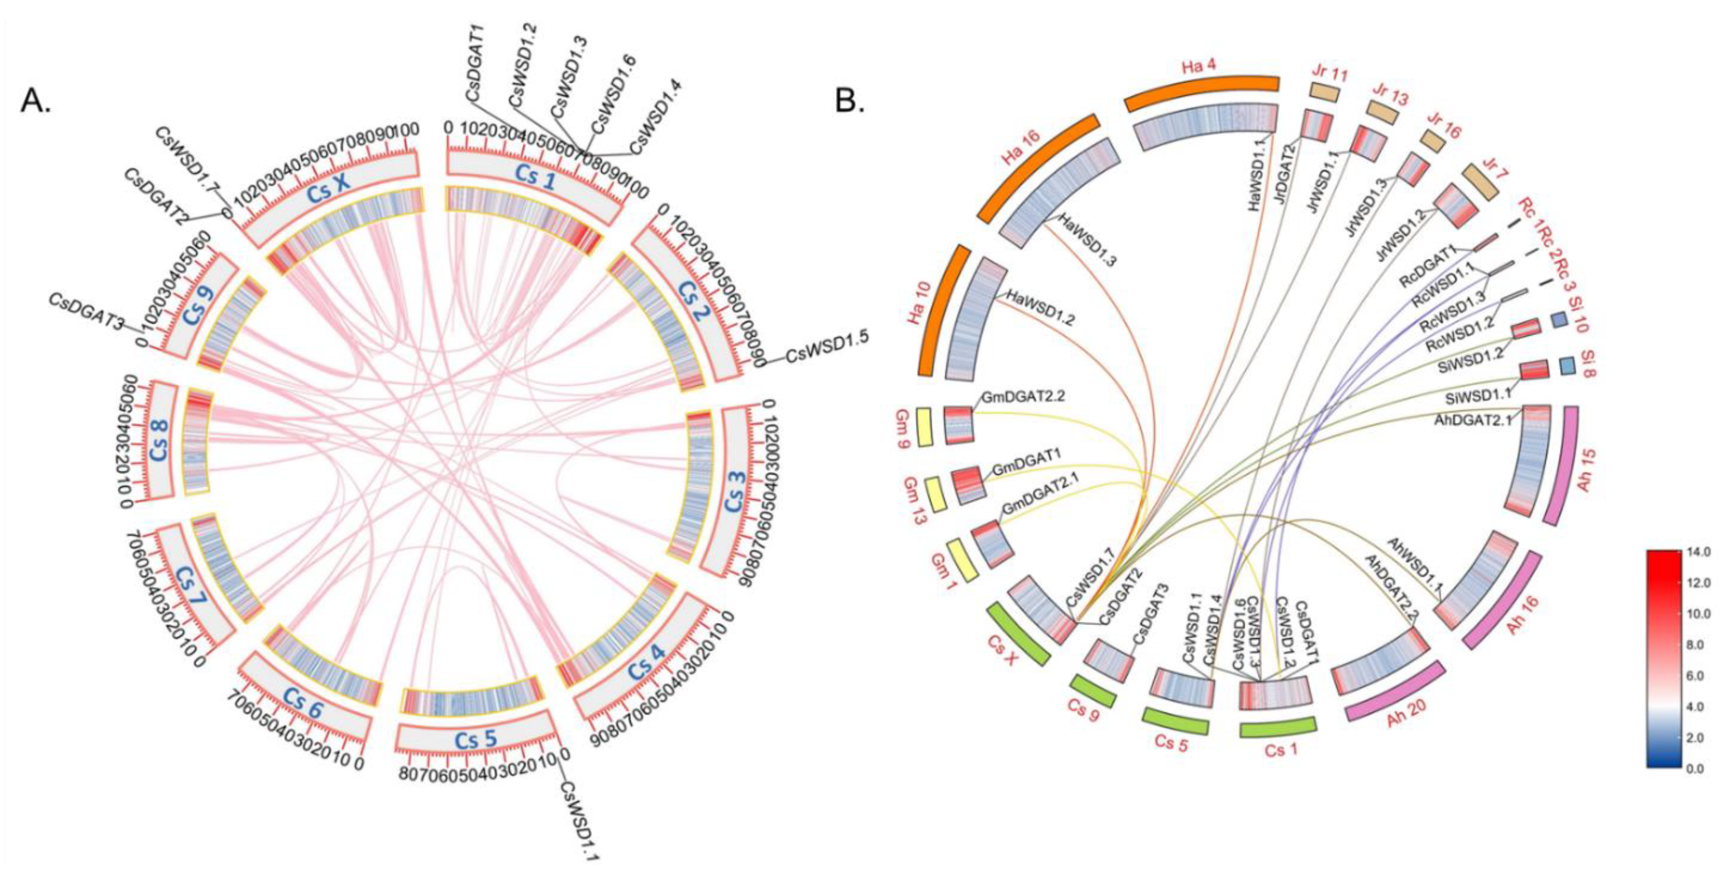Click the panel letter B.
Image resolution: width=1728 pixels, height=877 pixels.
click(850, 101)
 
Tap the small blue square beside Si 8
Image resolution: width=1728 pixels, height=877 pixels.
click(1567, 366)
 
